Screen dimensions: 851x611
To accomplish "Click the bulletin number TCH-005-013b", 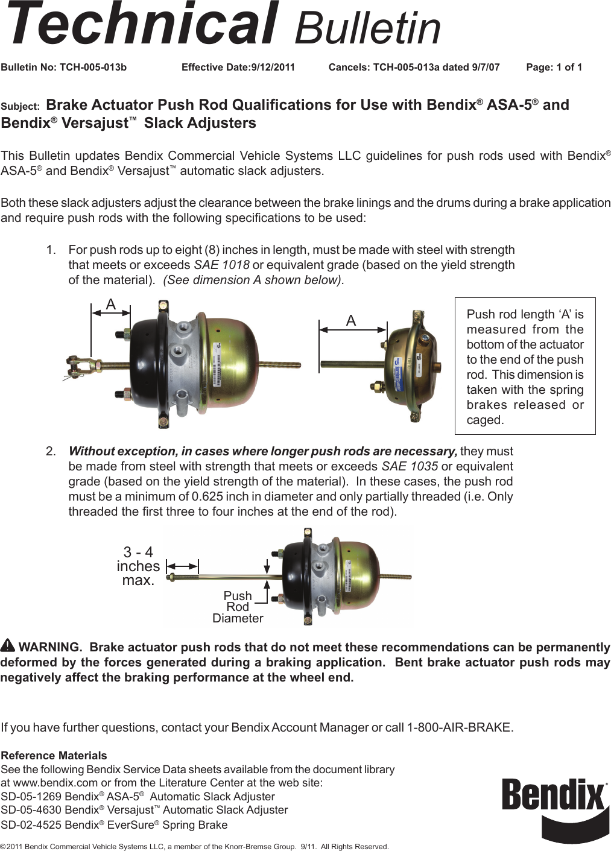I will pyautogui.click(x=93, y=67).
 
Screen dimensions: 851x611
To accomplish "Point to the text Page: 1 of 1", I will pyautogui.click(x=554, y=67).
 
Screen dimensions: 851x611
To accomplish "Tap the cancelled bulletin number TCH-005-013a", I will pyautogui.click(x=406, y=67).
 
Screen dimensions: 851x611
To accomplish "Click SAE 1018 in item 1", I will pyautogui.click(x=221, y=265).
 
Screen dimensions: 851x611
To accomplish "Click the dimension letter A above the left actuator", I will pyautogui.click(x=111, y=305).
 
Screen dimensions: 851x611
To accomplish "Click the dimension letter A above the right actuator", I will pyautogui.click(x=351, y=321).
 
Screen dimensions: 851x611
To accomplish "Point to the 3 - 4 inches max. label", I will pyautogui.click(x=138, y=566).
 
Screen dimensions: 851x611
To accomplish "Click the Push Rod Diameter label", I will pyautogui.click(x=238, y=607).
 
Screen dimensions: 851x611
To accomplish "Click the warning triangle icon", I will pyautogui.click(x=8, y=645).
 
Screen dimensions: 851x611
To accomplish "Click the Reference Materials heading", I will pyautogui.click(x=54, y=755).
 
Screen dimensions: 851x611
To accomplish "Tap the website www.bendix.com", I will pyautogui.click(x=55, y=783).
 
